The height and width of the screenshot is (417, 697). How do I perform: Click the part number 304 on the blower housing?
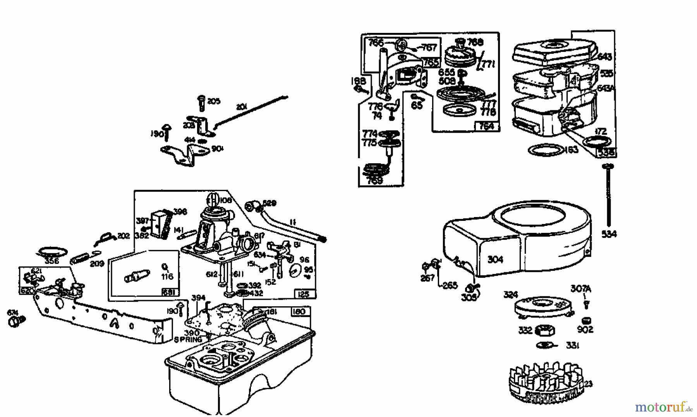pos(495,260)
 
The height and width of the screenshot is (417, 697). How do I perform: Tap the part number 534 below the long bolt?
pos(609,234)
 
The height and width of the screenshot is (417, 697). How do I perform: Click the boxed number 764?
pos(486,126)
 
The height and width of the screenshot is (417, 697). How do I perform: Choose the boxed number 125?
pos(305,294)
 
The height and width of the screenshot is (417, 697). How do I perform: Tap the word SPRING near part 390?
pos(188,340)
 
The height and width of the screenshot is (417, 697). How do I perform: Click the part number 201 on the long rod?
pos(242,107)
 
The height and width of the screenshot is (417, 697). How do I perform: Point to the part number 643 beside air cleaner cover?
pos(604,57)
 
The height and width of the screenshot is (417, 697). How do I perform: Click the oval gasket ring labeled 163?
pos(546,150)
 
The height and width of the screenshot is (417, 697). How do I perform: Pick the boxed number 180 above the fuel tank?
pos(299,312)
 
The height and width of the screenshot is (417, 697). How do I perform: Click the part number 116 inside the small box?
pos(167,276)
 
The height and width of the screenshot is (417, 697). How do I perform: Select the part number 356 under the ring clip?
pos(52,261)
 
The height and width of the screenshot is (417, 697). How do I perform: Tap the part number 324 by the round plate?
pos(511,295)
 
